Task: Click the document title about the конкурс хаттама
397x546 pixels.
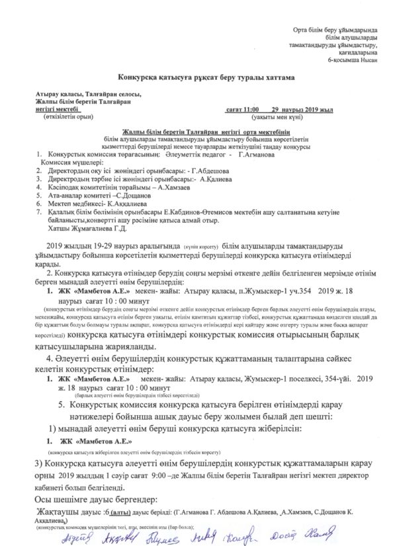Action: click(198, 77)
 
